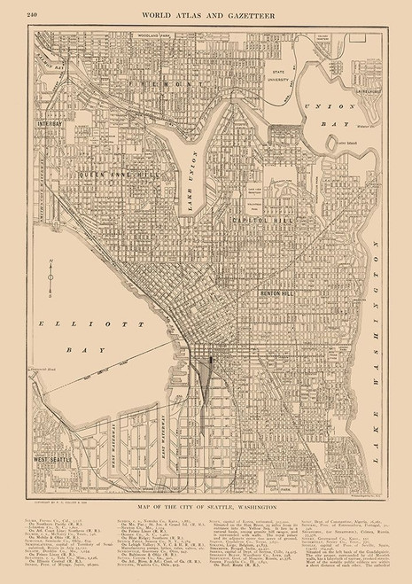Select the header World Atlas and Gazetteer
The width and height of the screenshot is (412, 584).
[206, 10]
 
